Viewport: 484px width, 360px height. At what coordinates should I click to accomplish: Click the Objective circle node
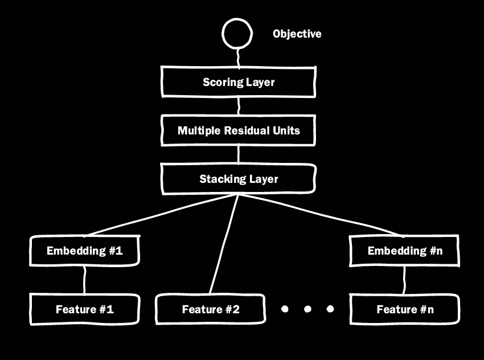click(x=237, y=34)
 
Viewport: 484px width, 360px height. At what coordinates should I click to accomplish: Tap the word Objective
click(x=297, y=34)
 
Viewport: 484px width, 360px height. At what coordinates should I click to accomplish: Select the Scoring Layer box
click(x=239, y=82)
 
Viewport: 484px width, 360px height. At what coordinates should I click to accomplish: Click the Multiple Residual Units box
click(x=239, y=130)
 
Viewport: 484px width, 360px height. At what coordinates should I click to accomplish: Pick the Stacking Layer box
click(x=239, y=179)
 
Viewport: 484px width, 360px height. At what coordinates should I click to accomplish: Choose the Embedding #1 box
click(x=85, y=251)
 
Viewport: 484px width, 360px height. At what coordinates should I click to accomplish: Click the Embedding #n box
click(x=405, y=251)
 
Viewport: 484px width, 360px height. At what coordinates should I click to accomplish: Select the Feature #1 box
click(x=85, y=309)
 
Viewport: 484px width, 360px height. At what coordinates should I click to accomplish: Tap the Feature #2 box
click(x=211, y=309)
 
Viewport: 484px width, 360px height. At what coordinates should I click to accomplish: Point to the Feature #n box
click(x=405, y=309)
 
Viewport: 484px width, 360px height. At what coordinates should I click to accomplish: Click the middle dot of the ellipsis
click(x=307, y=309)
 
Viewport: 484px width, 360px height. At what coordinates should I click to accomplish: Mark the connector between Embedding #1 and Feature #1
click(x=85, y=280)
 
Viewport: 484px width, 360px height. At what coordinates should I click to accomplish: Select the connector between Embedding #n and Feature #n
click(x=405, y=280)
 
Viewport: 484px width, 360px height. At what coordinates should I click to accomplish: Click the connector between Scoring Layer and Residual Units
click(x=239, y=106)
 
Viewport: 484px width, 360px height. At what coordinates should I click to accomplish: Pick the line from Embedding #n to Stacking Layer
click(x=319, y=215)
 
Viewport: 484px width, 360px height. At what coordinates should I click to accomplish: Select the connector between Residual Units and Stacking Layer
click(x=239, y=154)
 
